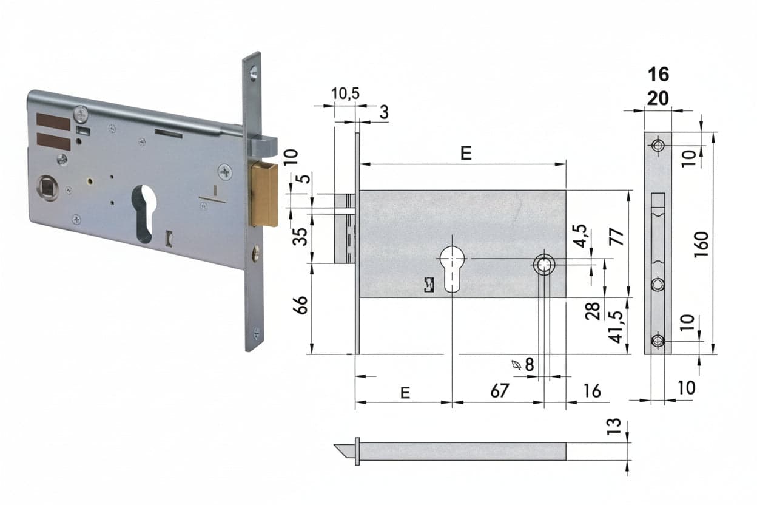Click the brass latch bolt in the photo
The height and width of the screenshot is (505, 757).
[x=264, y=194]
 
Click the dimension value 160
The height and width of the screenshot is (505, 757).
[x=702, y=244]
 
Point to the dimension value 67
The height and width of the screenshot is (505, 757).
[x=499, y=391]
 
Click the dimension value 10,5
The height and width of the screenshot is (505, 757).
[x=345, y=93]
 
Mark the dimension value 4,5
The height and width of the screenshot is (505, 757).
[x=580, y=236]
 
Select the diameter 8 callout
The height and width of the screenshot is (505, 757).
[x=523, y=365]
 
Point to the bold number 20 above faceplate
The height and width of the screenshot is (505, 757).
[x=658, y=99]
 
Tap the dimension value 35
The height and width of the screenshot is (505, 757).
[x=300, y=237]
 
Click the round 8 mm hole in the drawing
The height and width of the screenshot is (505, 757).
[x=544, y=265]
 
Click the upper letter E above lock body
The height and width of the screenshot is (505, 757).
[x=466, y=153]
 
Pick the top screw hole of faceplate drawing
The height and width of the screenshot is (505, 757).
[x=658, y=146]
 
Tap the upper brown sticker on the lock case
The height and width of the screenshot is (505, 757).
[x=53, y=122]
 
